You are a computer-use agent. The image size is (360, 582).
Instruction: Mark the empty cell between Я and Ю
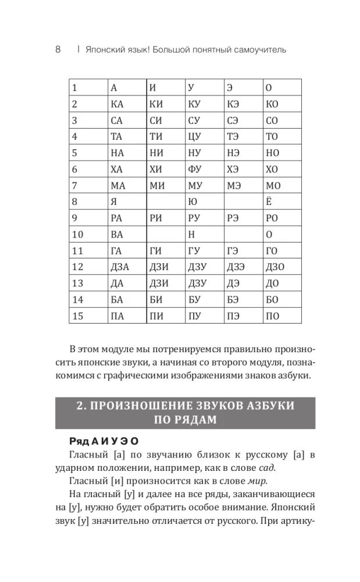point(165,203)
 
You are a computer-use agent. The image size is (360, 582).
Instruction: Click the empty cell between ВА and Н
point(165,235)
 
